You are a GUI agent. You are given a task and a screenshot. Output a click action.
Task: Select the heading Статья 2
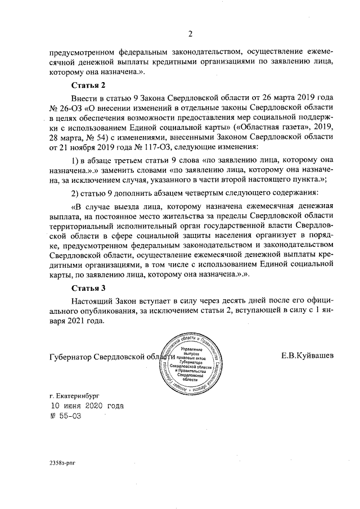click(88, 85)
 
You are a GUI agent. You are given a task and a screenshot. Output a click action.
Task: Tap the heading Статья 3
click(88, 289)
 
